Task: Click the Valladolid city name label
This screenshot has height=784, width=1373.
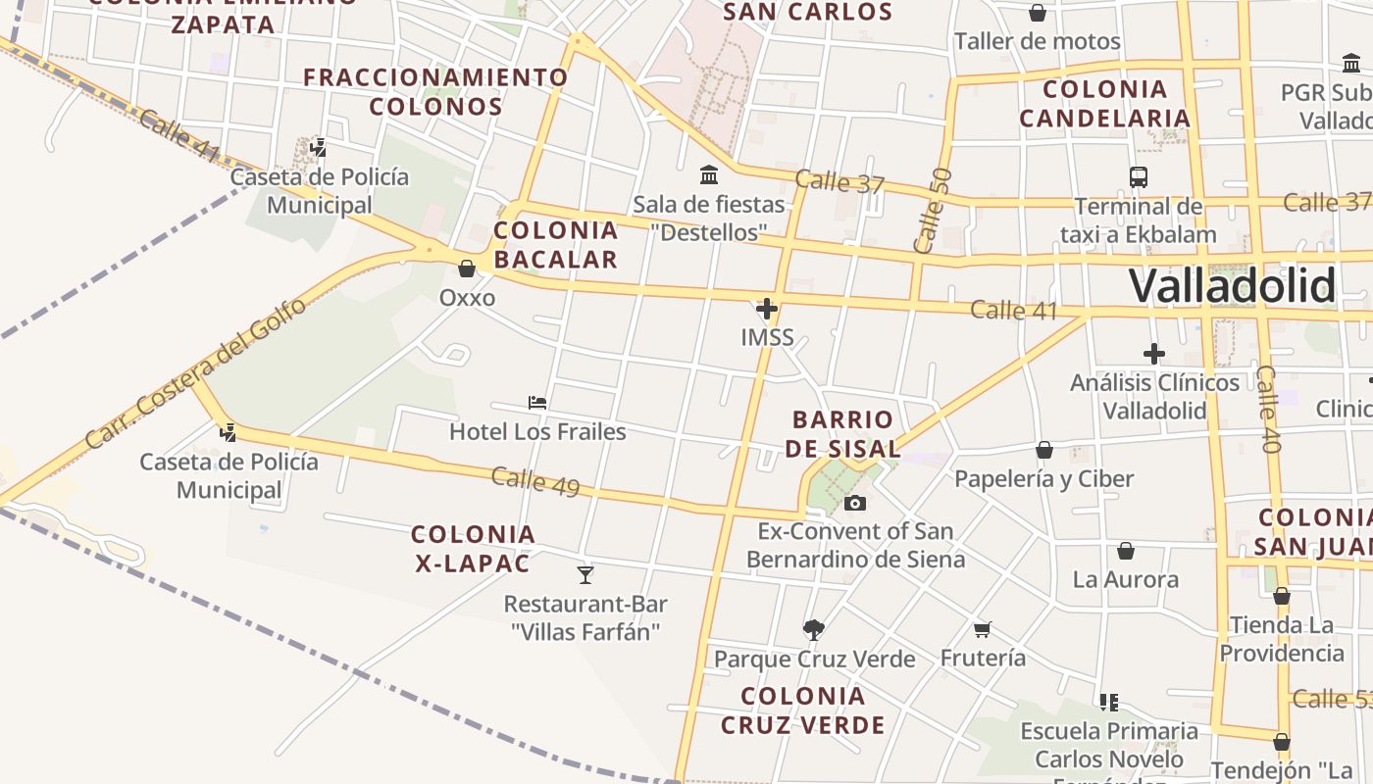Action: (x=1232, y=286)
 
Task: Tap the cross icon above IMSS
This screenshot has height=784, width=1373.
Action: (x=767, y=310)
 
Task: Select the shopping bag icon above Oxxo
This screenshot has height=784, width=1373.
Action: (x=467, y=268)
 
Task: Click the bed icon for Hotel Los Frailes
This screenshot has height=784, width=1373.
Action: (x=537, y=402)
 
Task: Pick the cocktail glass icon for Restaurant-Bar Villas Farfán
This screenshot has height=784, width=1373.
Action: (x=585, y=574)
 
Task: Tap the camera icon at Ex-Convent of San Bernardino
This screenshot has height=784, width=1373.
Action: (x=855, y=503)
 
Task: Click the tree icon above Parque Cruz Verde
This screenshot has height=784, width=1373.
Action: (x=813, y=629)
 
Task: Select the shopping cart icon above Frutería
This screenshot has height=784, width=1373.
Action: (x=983, y=629)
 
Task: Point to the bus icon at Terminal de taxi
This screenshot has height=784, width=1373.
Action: (x=1138, y=177)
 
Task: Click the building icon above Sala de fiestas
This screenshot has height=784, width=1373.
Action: (x=709, y=175)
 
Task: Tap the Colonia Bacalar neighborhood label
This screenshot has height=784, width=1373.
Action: (x=556, y=245)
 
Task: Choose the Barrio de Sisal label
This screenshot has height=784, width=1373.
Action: (x=844, y=434)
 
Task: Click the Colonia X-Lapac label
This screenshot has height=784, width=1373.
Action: (x=474, y=549)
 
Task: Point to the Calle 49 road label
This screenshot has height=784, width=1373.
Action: (x=535, y=481)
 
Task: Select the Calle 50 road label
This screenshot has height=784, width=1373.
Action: (x=931, y=211)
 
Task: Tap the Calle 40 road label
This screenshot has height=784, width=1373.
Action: (x=1268, y=410)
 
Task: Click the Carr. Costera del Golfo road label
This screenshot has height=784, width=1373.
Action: (x=196, y=373)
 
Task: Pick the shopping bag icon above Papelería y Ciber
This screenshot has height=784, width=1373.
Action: (x=1044, y=450)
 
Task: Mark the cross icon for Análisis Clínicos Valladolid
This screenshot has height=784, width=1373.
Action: (x=1154, y=353)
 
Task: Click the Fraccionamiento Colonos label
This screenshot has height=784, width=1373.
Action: (x=436, y=91)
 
